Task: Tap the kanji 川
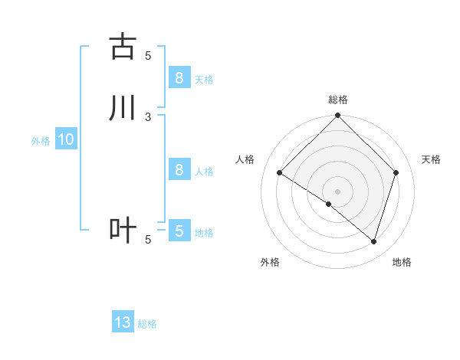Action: pyautogui.click(x=123, y=108)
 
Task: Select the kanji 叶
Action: pyautogui.click(x=123, y=231)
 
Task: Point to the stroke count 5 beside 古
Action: pyautogui.click(x=148, y=55)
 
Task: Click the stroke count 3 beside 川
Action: pyautogui.click(x=148, y=116)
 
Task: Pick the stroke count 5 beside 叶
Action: pyautogui.click(x=148, y=240)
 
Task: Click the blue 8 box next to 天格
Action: pyautogui.click(x=179, y=77)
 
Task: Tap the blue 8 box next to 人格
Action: pyautogui.click(x=179, y=170)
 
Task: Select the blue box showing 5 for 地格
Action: pyautogui.click(x=179, y=231)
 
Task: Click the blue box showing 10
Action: pyautogui.click(x=65, y=139)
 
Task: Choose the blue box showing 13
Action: pyautogui.click(x=123, y=322)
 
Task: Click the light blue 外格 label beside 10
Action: pyautogui.click(x=41, y=141)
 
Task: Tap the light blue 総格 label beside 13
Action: pyautogui.click(x=147, y=324)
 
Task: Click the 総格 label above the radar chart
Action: pyautogui.click(x=338, y=100)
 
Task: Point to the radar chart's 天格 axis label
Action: pyautogui.click(x=432, y=159)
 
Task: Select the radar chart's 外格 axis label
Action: pyautogui.click(x=270, y=262)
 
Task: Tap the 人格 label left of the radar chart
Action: pyautogui.click(x=245, y=159)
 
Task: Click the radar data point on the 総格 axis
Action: pyautogui.click(x=338, y=116)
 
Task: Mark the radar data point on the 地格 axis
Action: pyautogui.click(x=373, y=242)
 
